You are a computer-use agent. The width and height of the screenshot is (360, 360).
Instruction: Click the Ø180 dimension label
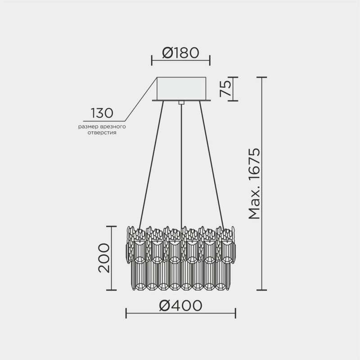(x=180, y=53)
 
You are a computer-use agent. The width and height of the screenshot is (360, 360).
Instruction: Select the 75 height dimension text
(x=225, y=89)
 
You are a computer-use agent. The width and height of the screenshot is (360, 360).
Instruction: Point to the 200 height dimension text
(x=104, y=258)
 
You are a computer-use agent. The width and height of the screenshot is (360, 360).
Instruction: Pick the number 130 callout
(x=102, y=112)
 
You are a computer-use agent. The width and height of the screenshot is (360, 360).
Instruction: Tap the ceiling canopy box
(x=181, y=89)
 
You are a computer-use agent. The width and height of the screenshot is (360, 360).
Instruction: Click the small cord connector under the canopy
(x=181, y=103)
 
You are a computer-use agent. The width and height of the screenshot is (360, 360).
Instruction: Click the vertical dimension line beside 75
(x=233, y=89)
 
